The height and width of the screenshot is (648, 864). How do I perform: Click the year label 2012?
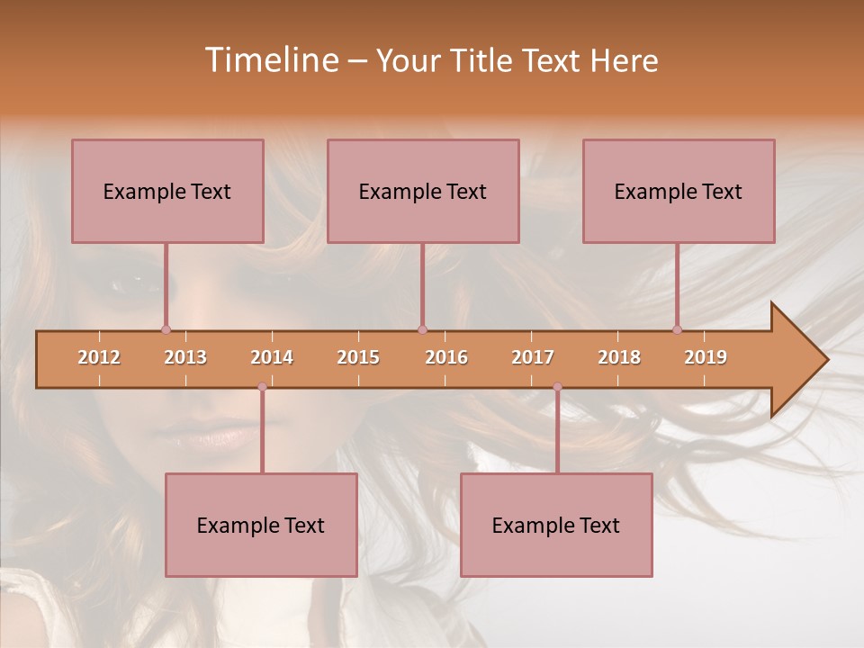(x=99, y=357)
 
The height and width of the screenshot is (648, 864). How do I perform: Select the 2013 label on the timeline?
(x=185, y=357)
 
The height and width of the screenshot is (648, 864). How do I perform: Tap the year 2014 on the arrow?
(x=272, y=357)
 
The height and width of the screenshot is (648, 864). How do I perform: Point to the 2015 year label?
(x=358, y=357)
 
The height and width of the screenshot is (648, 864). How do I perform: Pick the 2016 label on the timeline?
(x=446, y=357)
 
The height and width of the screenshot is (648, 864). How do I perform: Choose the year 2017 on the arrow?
(x=533, y=357)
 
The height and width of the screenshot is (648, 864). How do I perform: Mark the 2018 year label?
(x=619, y=357)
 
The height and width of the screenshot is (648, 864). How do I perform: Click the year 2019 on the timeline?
(x=706, y=357)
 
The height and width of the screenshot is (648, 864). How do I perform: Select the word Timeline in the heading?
(x=270, y=60)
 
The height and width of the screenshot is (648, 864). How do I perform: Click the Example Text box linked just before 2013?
(x=167, y=191)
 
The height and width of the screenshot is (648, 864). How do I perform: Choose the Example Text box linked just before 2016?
(x=423, y=191)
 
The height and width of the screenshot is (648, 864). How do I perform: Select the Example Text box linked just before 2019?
(x=679, y=191)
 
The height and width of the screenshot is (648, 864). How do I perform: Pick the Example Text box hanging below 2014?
(x=261, y=525)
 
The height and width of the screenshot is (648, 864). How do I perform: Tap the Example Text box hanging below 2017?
(x=556, y=525)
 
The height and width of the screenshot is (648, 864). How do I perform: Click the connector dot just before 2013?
(x=166, y=329)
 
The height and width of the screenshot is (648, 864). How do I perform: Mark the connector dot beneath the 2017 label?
(x=557, y=387)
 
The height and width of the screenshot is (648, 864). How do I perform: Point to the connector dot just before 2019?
(x=677, y=329)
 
